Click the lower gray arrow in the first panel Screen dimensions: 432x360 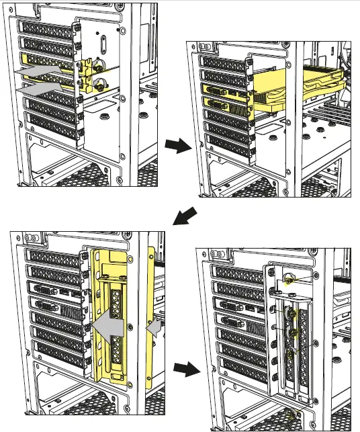coord(42,87)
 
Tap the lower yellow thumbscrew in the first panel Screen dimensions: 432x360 coord(99,85)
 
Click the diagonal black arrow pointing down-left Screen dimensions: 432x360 coord(186,218)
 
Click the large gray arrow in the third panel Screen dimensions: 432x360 coord(107,327)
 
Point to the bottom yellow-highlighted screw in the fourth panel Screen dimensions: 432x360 coord(290,355)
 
